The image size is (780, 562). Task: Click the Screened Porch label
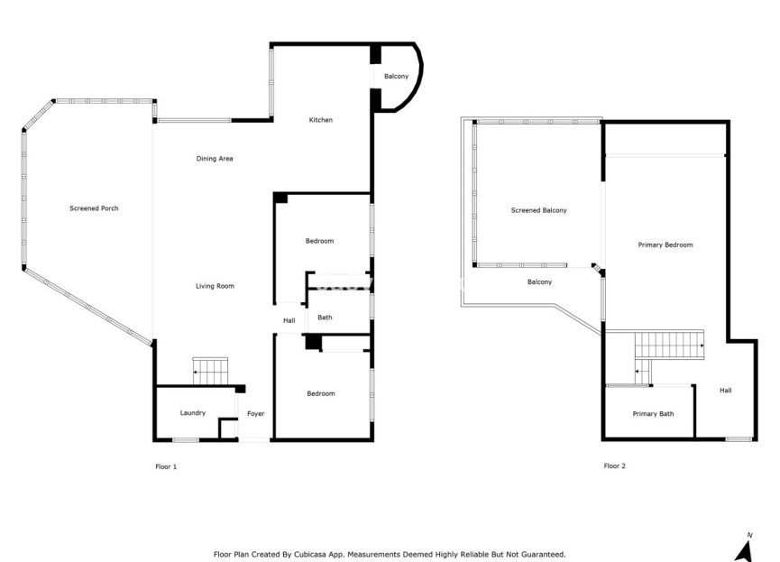94,208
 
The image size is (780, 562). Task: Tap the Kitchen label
321,120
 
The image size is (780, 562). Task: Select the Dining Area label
215,159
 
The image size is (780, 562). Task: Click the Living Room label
215,286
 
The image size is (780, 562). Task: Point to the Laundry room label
192,413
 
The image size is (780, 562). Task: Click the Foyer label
255,413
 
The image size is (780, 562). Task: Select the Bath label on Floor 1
325,318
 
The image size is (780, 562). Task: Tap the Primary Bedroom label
665,244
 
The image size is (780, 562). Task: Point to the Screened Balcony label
538,210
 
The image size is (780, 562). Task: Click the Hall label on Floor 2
725,391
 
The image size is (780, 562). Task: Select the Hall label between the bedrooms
289,320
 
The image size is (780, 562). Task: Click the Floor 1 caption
167,466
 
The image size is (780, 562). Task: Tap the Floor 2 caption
614,466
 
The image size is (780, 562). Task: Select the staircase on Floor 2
668,345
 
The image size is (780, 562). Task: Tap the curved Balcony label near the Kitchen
396,77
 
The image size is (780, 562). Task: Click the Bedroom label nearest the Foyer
320,393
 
